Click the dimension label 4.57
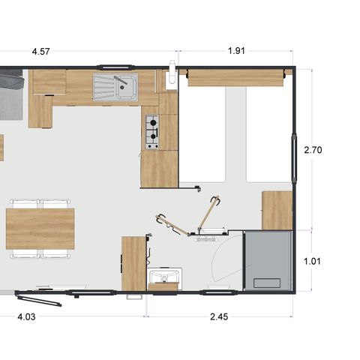(x=41, y=52)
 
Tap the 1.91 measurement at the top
(x=238, y=52)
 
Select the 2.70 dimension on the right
(x=313, y=150)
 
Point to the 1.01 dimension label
(x=313, y=262)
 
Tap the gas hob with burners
(x=151, y=131)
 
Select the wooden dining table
(x=40, y=228)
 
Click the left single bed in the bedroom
(x=202, y=135)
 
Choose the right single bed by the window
(x=268, y=135)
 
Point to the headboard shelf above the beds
(x=236, y=75)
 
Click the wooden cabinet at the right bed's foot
(x=277, y=210)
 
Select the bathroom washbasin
(x=163, y=278)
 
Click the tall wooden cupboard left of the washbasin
(x=133, y=262)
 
